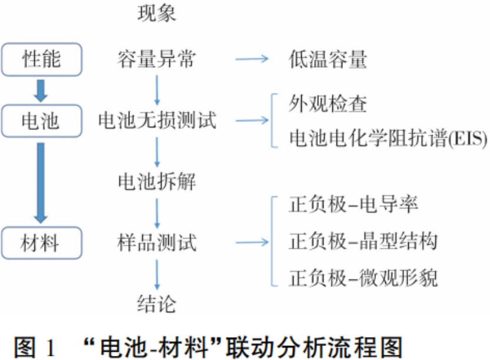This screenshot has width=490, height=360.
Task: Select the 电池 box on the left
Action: pos(41,121)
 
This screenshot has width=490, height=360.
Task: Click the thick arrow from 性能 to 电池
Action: pos(41,89)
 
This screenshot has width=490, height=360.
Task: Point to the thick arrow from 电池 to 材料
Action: pos(41,181)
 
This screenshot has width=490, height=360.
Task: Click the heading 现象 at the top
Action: pos(156,12)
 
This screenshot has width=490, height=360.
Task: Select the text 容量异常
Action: pos(156,59)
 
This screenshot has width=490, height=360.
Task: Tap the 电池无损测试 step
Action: pos(157,121)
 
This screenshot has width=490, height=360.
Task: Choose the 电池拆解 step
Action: pos(156,181)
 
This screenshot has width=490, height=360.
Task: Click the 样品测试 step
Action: pos(156,242)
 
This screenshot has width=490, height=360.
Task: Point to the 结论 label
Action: pos(156,305)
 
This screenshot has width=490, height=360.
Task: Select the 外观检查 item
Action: pos(328,104)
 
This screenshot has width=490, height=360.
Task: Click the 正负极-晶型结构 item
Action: pos(363,242)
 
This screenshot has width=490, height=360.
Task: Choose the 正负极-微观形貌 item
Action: pos(363,277)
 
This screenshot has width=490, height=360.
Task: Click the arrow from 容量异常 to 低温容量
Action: pos(251,59)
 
